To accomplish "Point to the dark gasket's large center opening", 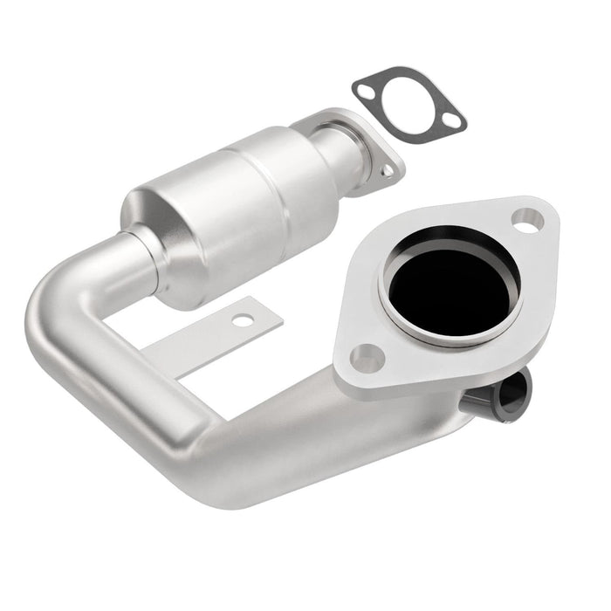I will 408,103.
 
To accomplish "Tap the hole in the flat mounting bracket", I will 243,320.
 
